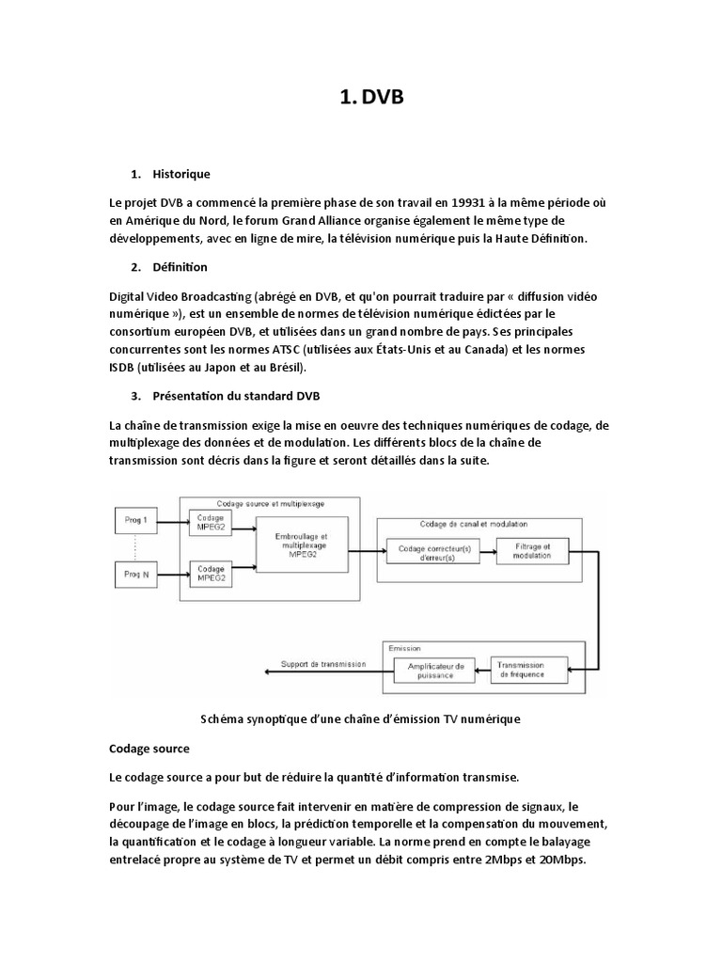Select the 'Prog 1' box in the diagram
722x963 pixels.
pyautogui.click(x=137, y=519)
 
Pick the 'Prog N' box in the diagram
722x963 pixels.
pyautogui.click(x=137, y=573)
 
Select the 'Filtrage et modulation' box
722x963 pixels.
pyautogui.click(x=532, y=552)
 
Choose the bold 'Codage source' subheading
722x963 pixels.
pyautogui.click(x=149, y=749)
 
